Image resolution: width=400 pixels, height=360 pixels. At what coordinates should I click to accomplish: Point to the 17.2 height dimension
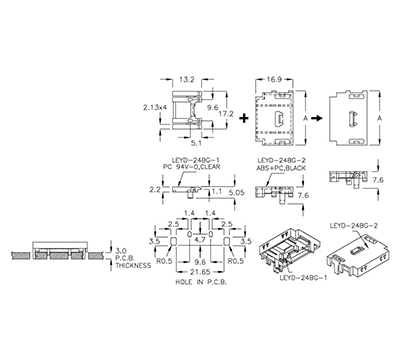click(226, 115)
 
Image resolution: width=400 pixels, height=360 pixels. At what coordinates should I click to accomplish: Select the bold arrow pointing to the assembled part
click(313, 116)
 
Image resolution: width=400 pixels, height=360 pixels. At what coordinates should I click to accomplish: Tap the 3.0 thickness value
click(119, 250)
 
